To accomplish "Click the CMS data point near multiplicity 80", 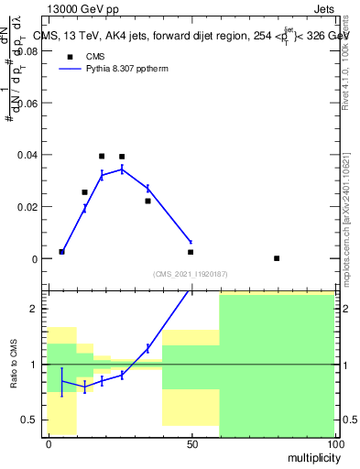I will click(x=277, y=258).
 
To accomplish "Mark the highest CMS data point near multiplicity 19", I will click(x=102, y=156).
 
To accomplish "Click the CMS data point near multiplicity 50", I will click(x=191, y=252).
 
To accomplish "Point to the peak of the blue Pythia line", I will click(x=122, y=169).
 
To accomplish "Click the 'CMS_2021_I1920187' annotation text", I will click(x=190, y=274).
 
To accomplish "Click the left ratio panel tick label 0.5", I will click(x=30, y=420).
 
